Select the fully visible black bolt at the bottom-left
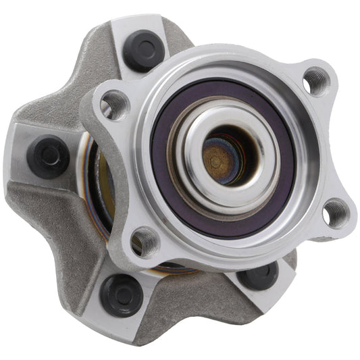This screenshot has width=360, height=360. tap(122, 294)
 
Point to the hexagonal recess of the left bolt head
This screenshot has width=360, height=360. tap(48, 155)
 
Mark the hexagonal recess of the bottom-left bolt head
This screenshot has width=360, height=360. tap(122, 294)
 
